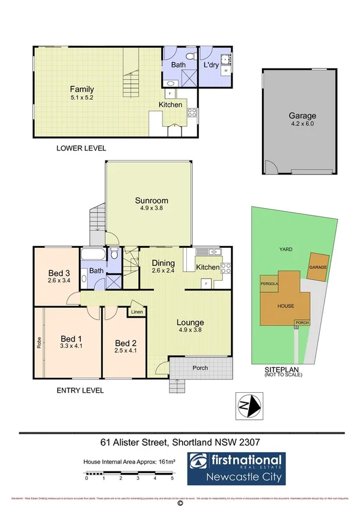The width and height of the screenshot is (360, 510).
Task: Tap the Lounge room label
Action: coord(191,322)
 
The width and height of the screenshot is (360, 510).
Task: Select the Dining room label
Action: coord(163,263)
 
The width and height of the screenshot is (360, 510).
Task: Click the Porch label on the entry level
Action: coord(200,368)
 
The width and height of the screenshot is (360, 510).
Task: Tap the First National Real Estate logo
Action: coord(237,469)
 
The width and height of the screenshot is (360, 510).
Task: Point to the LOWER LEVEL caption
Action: coord(82,148)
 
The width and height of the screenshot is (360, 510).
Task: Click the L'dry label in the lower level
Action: coord(210,64)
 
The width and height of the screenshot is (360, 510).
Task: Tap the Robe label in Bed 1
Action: coord(39,343)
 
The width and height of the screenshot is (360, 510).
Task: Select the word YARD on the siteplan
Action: coord(285,248)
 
